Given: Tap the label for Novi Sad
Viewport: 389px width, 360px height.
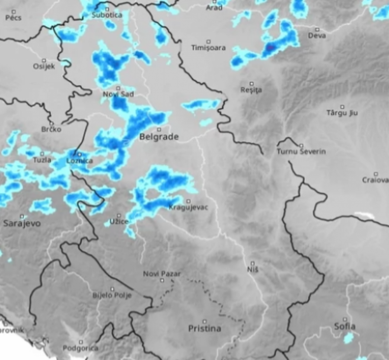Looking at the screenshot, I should (x=118, y=95).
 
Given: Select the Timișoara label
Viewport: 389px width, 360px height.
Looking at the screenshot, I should (x=208, y=48).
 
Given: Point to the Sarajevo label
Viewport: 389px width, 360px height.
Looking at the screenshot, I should (x=22, y=224).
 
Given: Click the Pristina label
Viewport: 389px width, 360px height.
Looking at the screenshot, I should (x=204, y=329).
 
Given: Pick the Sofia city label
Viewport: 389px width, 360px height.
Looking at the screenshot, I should (x=344, y=326).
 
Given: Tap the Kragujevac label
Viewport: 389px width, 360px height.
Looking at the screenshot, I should (x=188, y=208).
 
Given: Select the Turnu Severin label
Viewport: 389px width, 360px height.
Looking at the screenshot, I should (x=301, y=152).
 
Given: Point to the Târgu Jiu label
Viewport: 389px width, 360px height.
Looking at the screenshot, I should (x=342, y=113).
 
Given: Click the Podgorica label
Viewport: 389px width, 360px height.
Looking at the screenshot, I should (x=80, y=348).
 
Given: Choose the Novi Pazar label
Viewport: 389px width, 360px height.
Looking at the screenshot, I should (x=162, y=274).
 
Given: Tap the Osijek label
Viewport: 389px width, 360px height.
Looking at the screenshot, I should (x=44, y=67).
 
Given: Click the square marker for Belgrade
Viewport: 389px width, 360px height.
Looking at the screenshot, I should (x=159, y=129).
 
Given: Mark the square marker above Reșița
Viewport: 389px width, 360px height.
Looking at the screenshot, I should (x=252, y=83).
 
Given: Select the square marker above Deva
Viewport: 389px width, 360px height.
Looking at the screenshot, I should (x=316, y=29).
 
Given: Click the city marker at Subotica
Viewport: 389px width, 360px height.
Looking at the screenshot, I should (x=107, y=9).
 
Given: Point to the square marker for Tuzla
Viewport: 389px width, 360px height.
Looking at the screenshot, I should (x=42, y=153).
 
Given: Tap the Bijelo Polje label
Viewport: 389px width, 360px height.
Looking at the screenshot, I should (x=112, y=296).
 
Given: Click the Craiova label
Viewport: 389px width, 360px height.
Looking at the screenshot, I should (x=375, y=180).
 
